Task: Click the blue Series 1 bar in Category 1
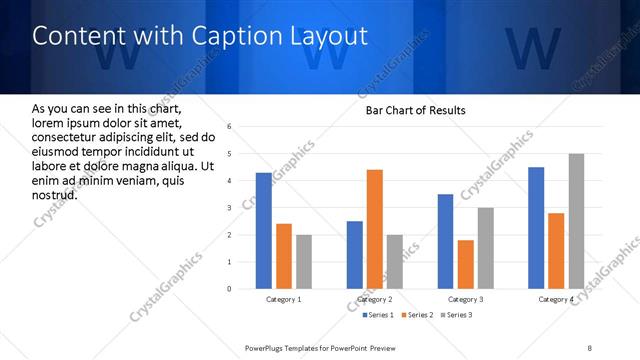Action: pos(264,231)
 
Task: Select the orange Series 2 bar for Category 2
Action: pos(375,229)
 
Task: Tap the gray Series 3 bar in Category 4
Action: pos(576,221)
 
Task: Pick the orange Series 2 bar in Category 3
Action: pos(465,264)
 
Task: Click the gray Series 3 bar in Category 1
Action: pos(304,262)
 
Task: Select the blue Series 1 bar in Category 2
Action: pos(355,255)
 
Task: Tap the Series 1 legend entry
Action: pos(378,315)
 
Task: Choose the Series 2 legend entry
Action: pos(417,315)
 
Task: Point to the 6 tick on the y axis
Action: pos(230,127)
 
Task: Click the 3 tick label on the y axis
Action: pos(230,208)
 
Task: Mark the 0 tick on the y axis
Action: pos(230,289)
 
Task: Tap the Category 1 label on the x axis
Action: pos(284,299)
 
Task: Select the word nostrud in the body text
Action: pos(54,194)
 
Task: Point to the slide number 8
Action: pos(590,347)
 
